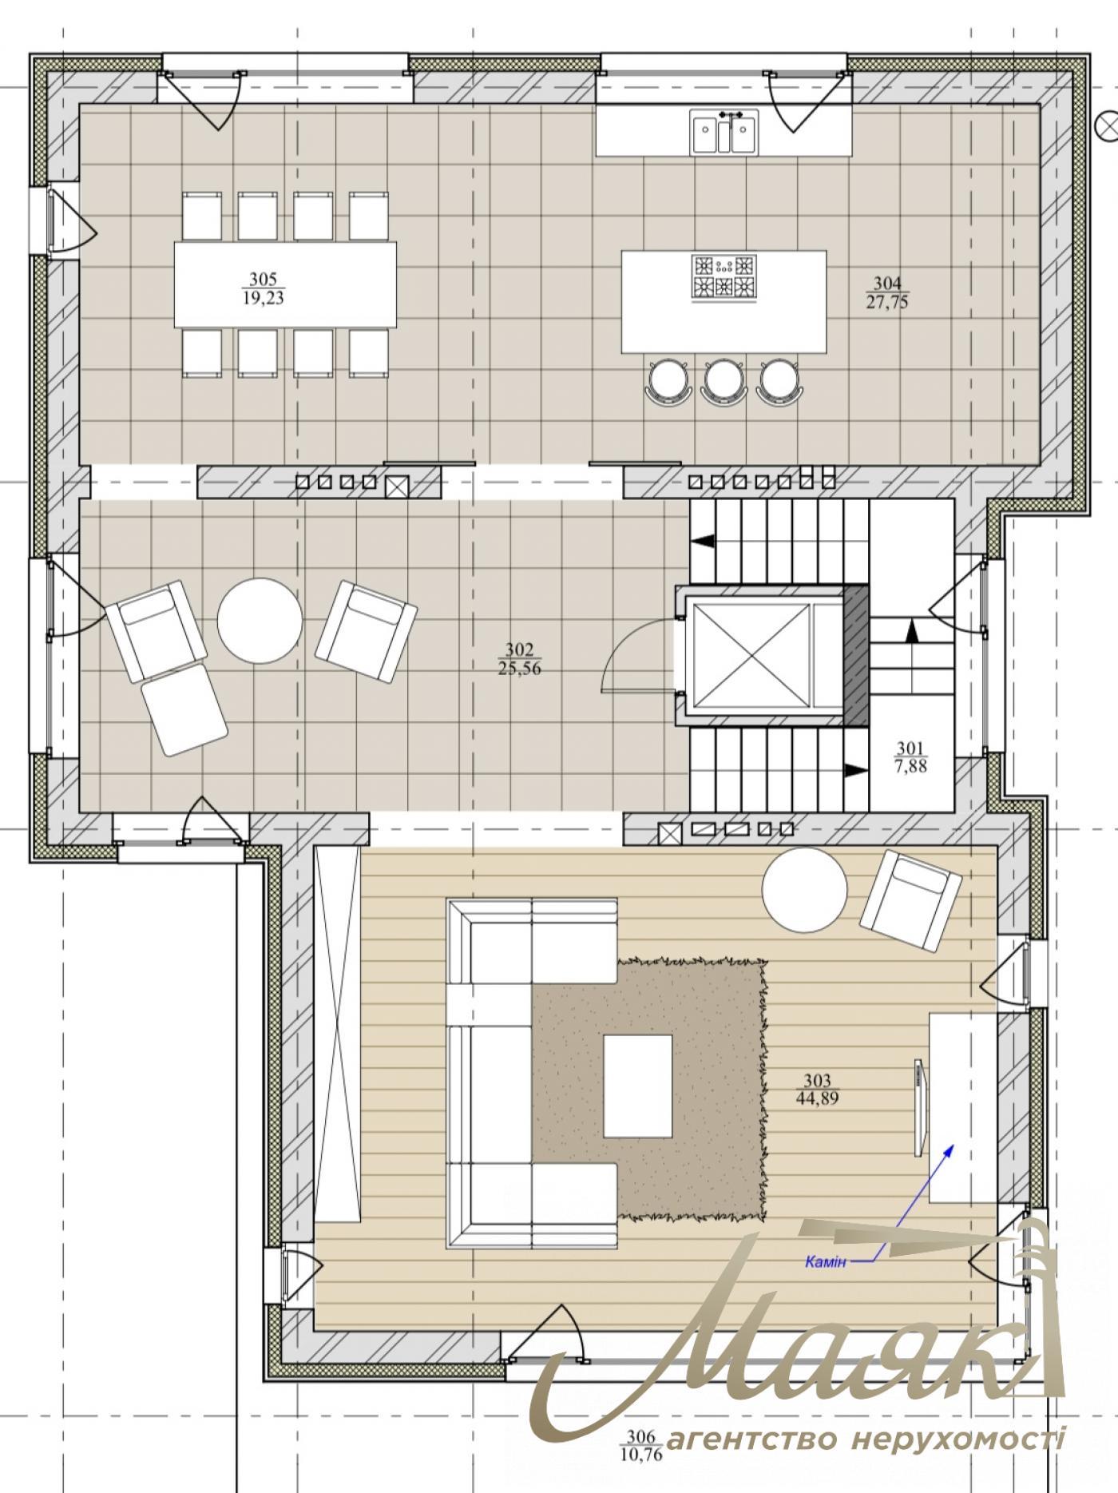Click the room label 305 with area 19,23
pyautogui.click(x=263, y=289)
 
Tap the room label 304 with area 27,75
pyautogui.click(x=886, y=292)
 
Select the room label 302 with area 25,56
pyautogui.click(x=519, y=660)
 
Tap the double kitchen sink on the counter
pyautogui.click(x=724, y=132)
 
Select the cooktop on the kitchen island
pyautogui.click(x=724, y=277)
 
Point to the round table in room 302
pyautogui.click(x=260, y=621)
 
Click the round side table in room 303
pyautogui.click(x=804, y=890)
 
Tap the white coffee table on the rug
pyautogui.click(x=637, y=1086)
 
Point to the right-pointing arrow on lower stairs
pyautogui.click(x=856, y=770)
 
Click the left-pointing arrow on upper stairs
pyautogui.click(x=704, y=541)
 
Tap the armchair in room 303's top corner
pyautogui.click(x=911, y=902)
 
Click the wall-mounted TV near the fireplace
pyautogui.click(x=919, y=1107)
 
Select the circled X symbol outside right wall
pyautogui.click(x=1108, y=125)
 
